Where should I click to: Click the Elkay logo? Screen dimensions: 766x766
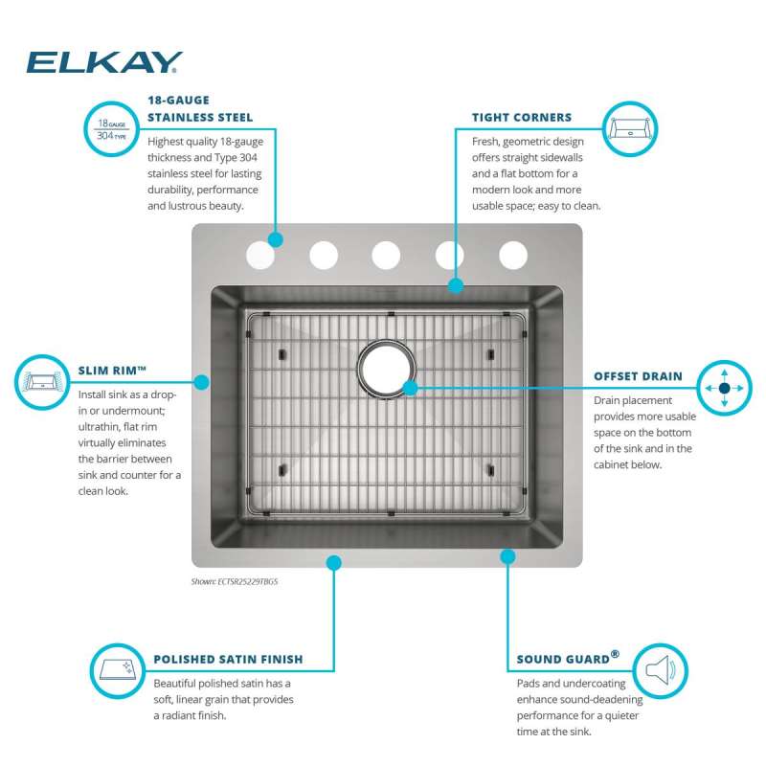click(x=104, y=62)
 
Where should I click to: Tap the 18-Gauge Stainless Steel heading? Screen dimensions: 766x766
click(x=200, y=108)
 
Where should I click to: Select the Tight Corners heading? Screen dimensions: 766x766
click(x=522, y=117)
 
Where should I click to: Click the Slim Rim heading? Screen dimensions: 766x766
click(x=112, y=371)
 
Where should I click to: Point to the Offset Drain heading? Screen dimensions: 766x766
click(x=638, y=376)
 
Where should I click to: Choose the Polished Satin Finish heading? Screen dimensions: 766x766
click(x=228, y=659)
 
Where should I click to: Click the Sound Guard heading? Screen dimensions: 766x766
click(x=568, y=658)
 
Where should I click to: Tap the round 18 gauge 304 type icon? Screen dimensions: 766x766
click(x=112, y=129)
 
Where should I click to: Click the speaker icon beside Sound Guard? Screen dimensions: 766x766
click(x=660, y=671)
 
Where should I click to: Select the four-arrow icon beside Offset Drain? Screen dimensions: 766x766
click(x=724, y=388)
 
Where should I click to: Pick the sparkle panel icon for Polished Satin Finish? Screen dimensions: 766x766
click(x=118, y=671)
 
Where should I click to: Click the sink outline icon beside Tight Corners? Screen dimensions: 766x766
click(x=630, y=129)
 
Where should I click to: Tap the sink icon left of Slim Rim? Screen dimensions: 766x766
click(x=42, y=382)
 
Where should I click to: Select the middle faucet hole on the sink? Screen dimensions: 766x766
click(x=386, y=255)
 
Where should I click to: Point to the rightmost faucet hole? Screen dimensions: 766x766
click(x=513, y=255)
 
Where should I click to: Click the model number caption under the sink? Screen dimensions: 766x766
click(x=234, y=581)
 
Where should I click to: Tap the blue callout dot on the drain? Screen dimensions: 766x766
click(x=411, y=388)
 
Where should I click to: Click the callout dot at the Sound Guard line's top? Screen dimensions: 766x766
click(x=507, y=556)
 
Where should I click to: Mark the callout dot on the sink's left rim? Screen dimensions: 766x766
click(x=202, y=382)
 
